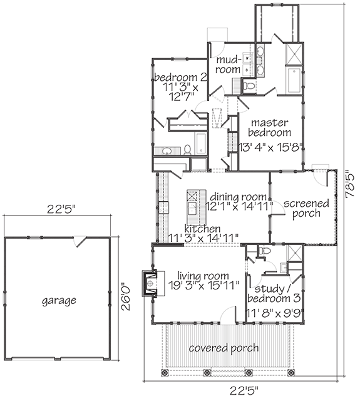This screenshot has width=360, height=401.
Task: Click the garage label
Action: (x=59, y=301)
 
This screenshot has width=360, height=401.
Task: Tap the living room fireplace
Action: (x=150, y=283)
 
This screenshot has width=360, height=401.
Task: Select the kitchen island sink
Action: (x=192, y=209)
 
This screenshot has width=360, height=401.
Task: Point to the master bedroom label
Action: (x=270, y=127)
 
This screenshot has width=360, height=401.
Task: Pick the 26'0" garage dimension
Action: (x=125, y=296)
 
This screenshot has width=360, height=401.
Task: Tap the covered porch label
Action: (x=224, y=348)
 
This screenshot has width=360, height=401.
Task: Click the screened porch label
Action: (x=306, y=208)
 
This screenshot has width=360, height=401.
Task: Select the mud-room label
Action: (x=228, y=64)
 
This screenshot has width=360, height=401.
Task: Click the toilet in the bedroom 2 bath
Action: (x=188, y=150)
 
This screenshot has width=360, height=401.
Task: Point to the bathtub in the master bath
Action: (x=294, y=80)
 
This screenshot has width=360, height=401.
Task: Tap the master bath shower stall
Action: (x=294, y=55)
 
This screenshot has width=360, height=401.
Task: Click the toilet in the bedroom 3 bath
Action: (x=264, y=250)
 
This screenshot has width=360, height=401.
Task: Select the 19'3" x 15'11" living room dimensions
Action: (x=203, y=286)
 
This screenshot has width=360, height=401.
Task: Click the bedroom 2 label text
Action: (x=181, y=77)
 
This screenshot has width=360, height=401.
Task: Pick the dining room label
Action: (x=239, y=197)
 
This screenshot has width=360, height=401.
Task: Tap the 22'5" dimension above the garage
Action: (x=61, y=209)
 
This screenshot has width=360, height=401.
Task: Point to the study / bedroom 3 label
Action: (x=274, y=294)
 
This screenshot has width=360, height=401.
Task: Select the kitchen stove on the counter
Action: (x=163, y=207)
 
